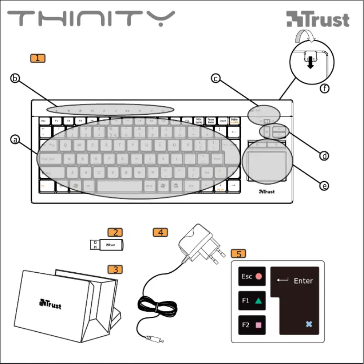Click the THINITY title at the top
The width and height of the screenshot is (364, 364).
point(91,20)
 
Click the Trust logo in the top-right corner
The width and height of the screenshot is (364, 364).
point(318,20)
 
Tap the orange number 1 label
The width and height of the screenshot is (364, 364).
point(38,58)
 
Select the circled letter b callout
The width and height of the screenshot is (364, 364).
point(15,79)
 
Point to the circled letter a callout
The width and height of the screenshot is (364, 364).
point(15,140)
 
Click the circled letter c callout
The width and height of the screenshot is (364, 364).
point(216,79)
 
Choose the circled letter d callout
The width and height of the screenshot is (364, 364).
point(324,156)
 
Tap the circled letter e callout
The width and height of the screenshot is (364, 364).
point(324,186)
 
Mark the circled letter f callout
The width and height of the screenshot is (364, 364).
point(324,89)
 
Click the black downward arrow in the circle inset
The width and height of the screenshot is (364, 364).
point(310,64)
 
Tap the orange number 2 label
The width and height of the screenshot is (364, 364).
point(115,232)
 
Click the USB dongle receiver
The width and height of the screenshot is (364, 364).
point(106,245)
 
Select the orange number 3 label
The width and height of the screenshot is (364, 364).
point(115,270)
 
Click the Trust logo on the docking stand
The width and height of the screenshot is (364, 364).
point(50,303)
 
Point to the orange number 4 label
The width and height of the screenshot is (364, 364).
point(160,232)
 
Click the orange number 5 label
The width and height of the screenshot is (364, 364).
point(239,253)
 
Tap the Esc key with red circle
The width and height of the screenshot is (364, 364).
point(252,276)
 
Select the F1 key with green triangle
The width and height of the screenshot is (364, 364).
point(252,300)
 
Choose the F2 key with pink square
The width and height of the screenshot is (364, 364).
point(252,325)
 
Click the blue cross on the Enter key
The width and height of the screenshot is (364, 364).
point(309,324)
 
